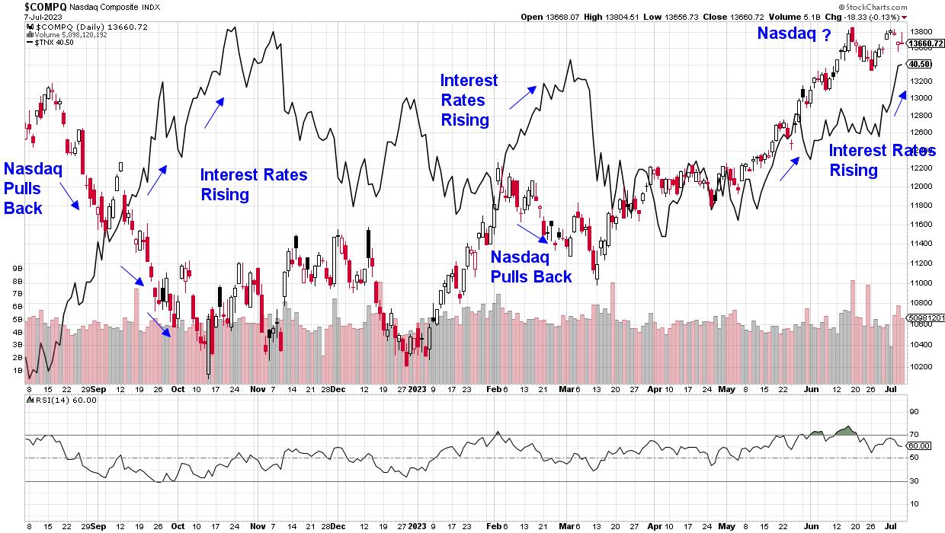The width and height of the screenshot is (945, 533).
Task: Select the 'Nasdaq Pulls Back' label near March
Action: (x=530, y=266)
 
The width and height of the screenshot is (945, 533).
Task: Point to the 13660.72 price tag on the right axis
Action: (x=924, y=43)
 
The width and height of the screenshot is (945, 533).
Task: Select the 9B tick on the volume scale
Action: (x=16, y=269)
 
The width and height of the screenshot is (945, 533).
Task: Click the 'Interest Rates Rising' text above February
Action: (x=469, y=100)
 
